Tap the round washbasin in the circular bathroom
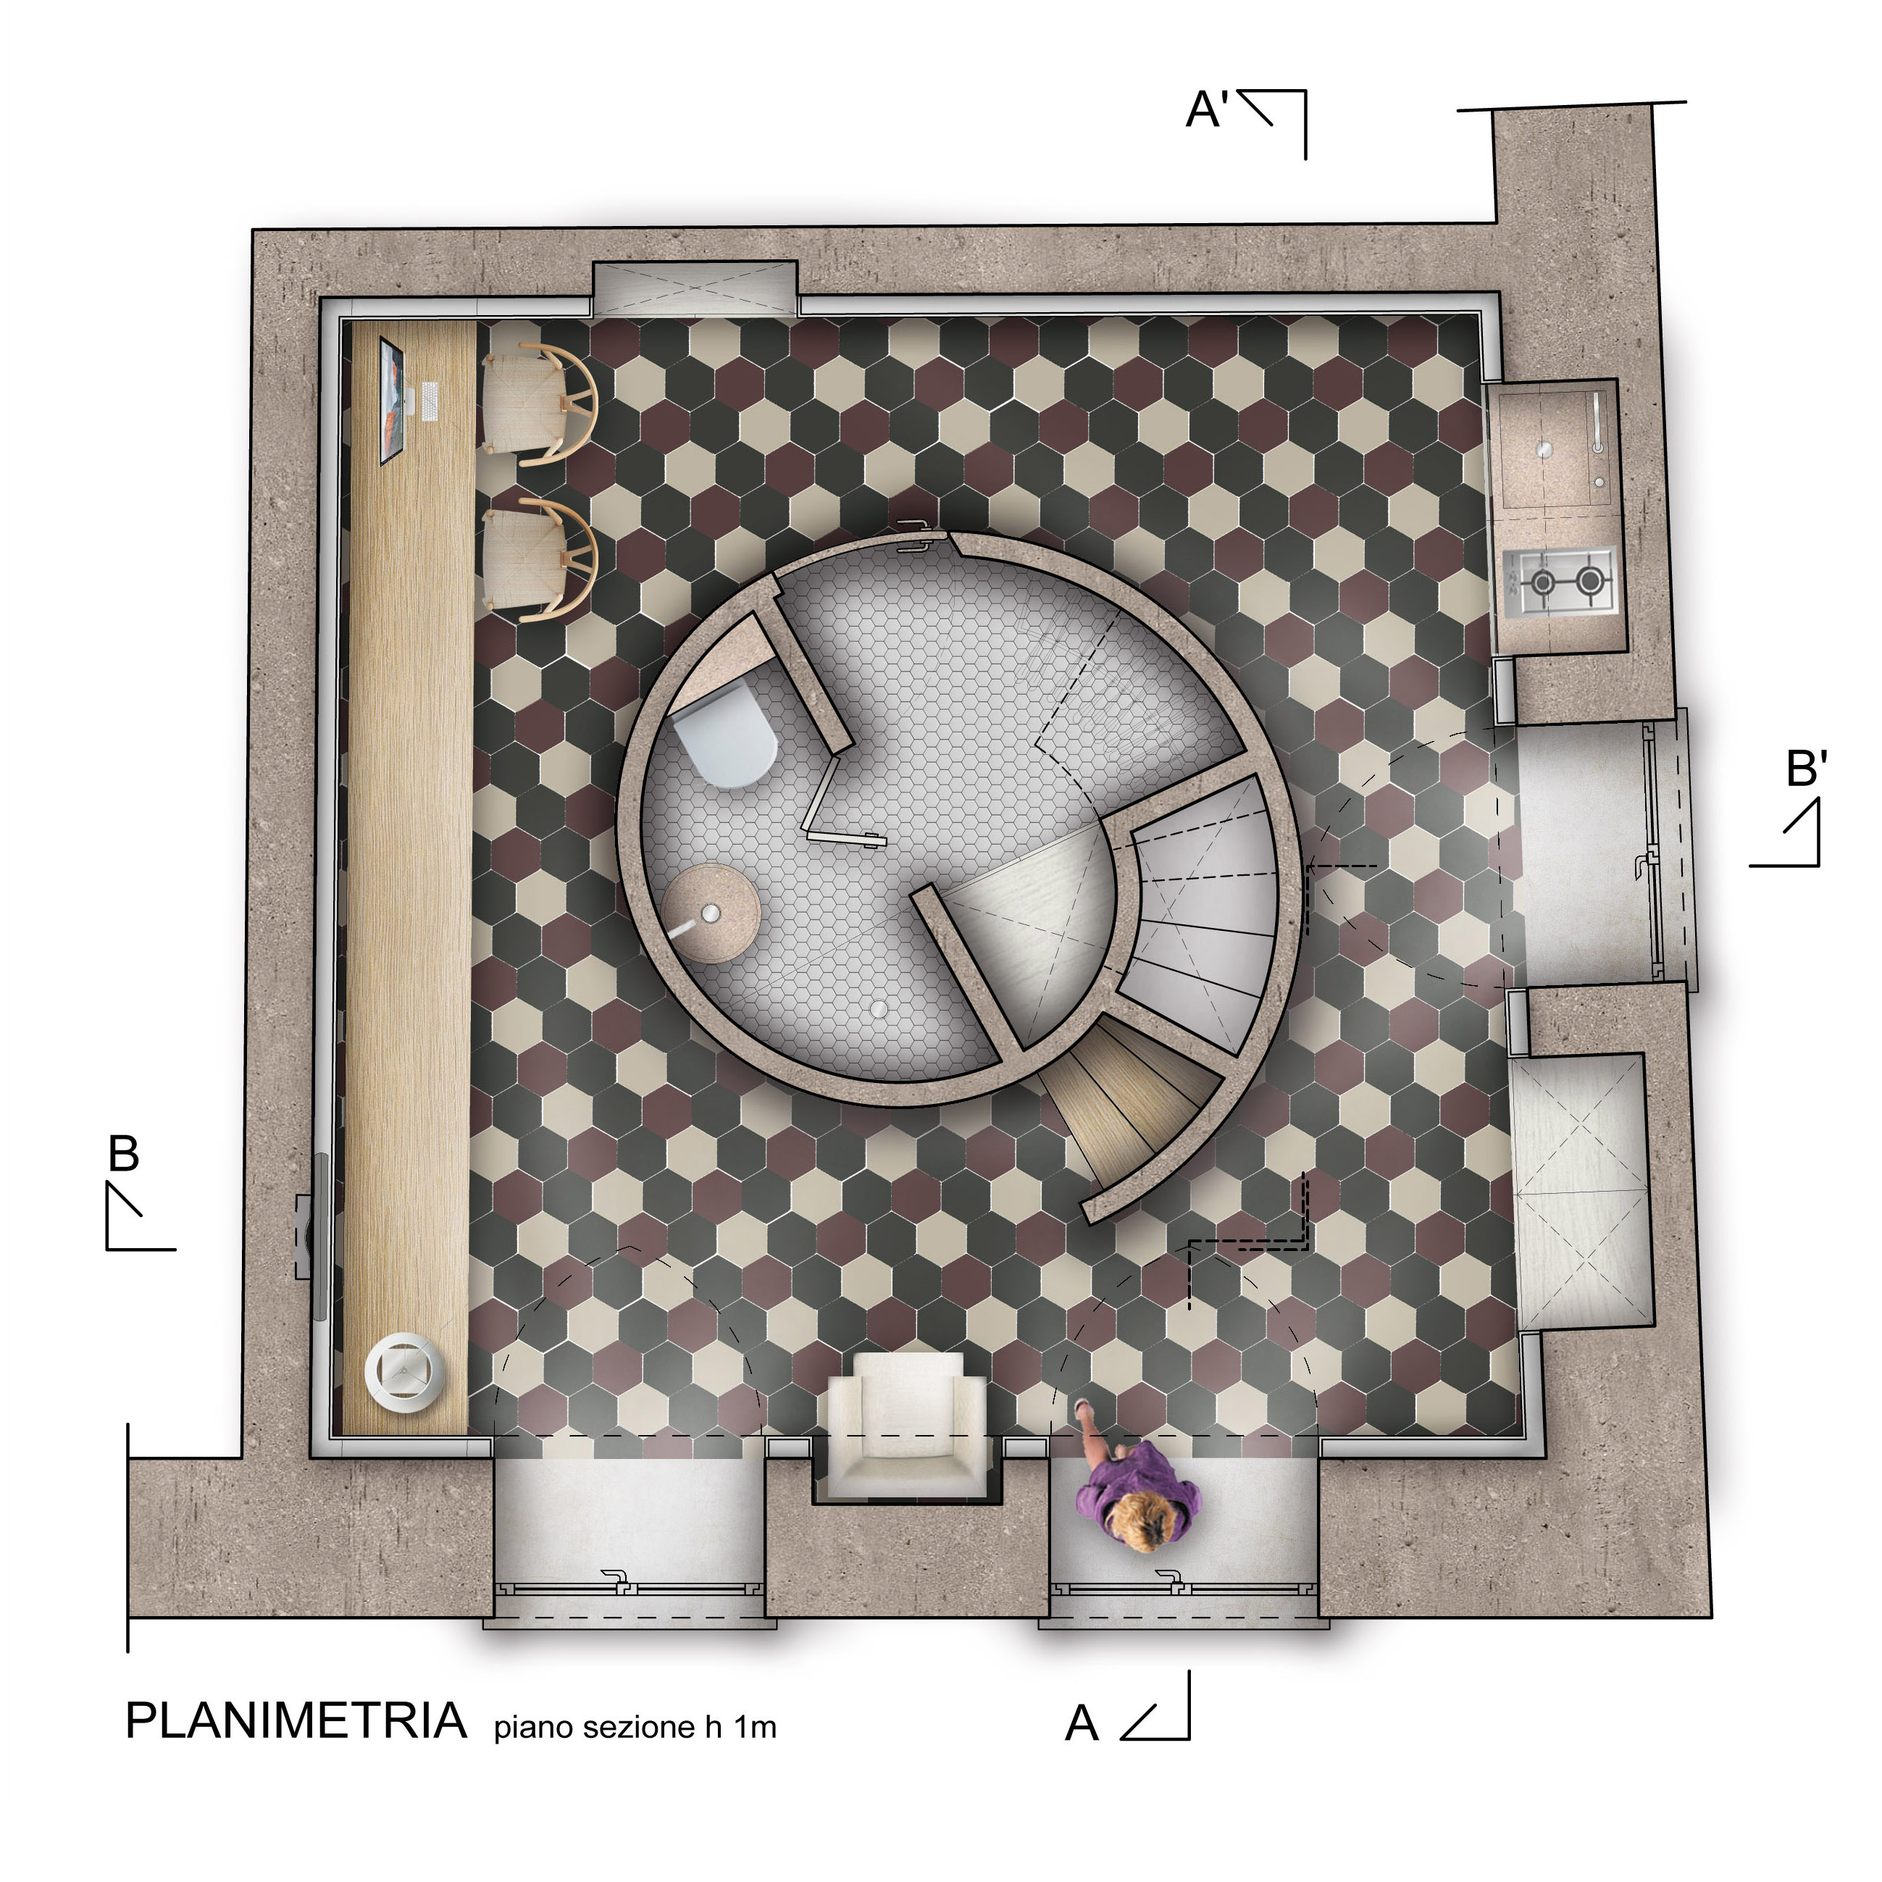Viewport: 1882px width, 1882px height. pos(712,913)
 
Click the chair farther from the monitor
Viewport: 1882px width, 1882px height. pos(538,559)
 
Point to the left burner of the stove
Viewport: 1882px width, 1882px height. pos(1543,582)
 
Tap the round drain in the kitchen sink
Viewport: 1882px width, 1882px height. pos(1544,449)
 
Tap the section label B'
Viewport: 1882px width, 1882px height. pos(1806,769)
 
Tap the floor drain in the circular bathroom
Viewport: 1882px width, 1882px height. pos(881,1009)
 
